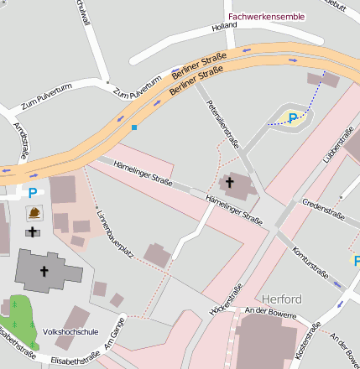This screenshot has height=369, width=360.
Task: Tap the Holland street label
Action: (225, 27)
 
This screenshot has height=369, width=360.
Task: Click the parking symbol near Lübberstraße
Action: (293, 118)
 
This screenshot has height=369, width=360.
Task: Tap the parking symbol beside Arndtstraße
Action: (33, 192)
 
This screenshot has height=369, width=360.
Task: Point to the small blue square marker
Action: (133, 127)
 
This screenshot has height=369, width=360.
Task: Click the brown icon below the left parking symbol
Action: (34, 212)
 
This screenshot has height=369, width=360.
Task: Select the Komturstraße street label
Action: (310, 262)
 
